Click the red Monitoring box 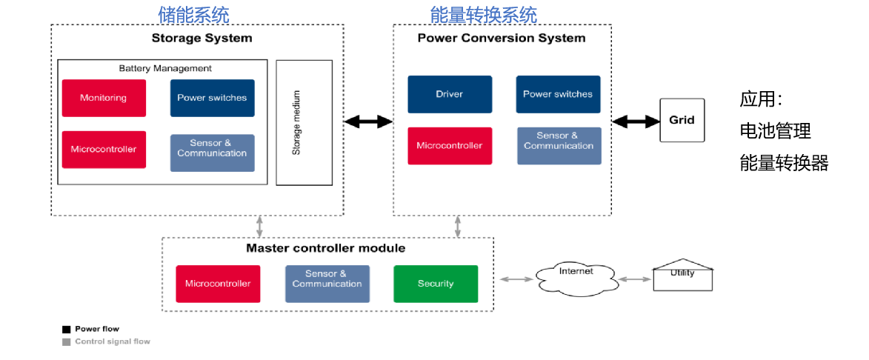(x=104, y=98)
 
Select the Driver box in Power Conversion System (x=450, y=94)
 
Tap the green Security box (x=436, y=284)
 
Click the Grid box (x=682, y=120)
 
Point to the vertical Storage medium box (x=304, y=122)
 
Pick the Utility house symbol (x=682, y=276)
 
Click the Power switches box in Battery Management (x=212, y=98)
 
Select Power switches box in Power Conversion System (x=558, y=94)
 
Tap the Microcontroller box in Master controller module (x=218, y=284)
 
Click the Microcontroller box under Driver (x=450, y=146)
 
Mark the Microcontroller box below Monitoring (x=104, y=150)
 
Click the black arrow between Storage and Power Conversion (x=368, y=121)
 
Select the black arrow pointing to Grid (x=636, y=121)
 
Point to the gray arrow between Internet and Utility (x=634, y=279)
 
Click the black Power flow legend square (x=67, y=329)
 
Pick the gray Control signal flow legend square (x=67, y=342)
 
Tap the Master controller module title (x=326, y=248)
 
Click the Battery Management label (x=165, y=68)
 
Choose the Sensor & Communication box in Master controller (x=327, y=284)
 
